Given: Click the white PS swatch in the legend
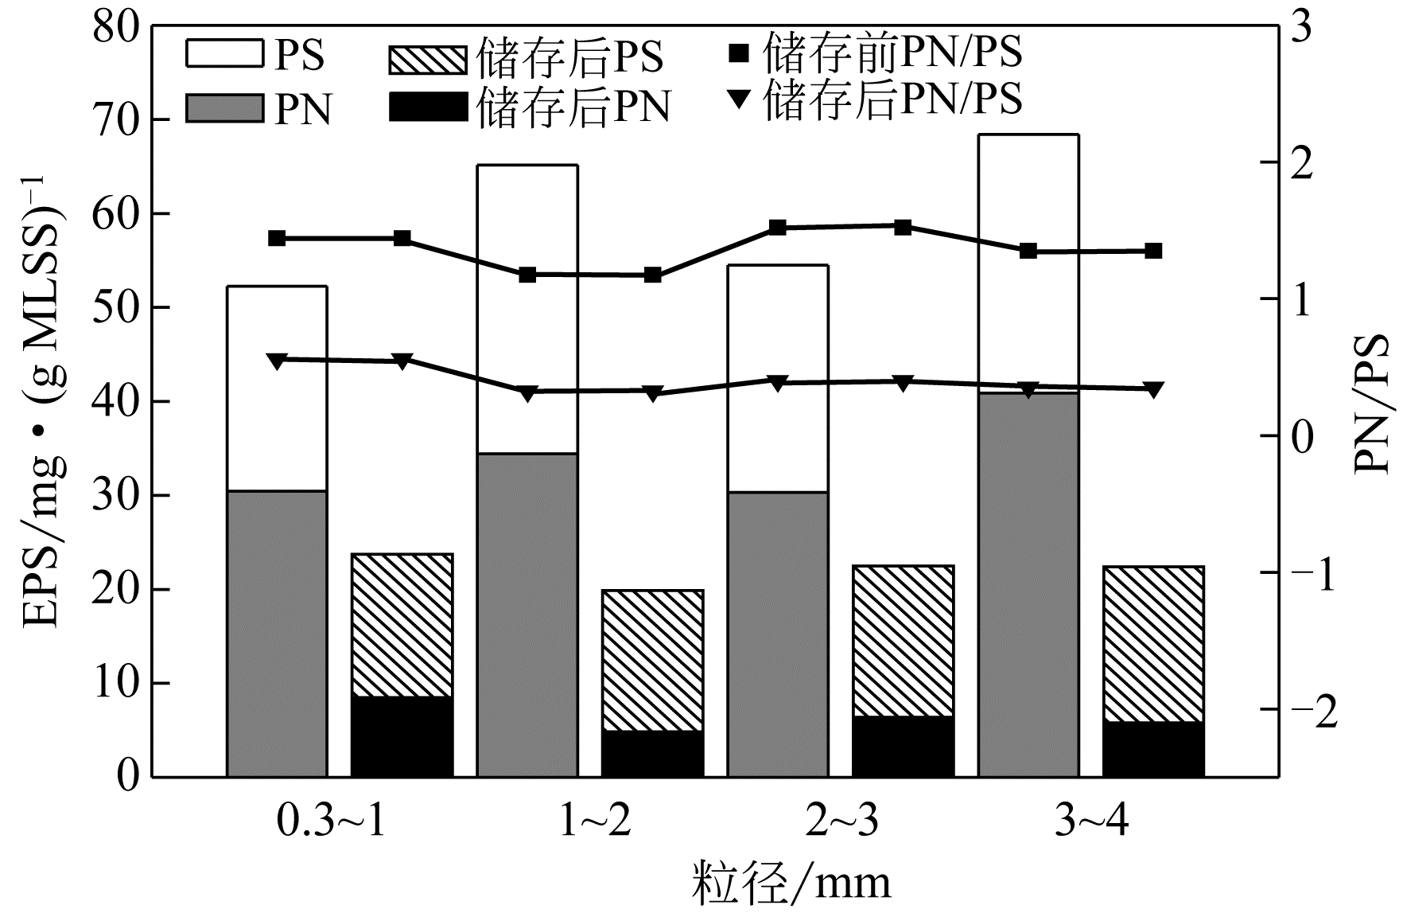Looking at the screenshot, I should pyautogui.click(x=223, y=54).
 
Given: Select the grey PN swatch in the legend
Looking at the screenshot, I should pyautogui.click(x=223, y=108).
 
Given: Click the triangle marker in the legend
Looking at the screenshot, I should pyautogui.click(x=740, y=99).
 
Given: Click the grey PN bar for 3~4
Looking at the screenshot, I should pyautogui.click(x=1028, y=585).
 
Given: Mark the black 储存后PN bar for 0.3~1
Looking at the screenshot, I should pyautogui.click(x=402, y=736).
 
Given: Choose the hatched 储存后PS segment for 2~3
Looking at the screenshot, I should pyautogui.click(x=903, y=641).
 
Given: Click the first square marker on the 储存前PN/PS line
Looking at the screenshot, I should pyautogui.click(x=277, y=238).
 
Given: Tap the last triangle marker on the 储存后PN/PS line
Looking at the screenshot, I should pyautogui.click(x=1152, y=389).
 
